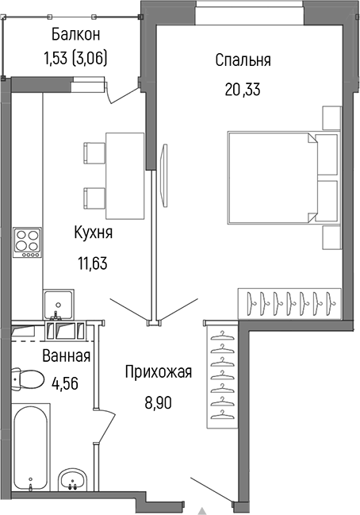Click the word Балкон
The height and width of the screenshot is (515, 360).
point(76,34)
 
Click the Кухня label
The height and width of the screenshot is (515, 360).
point(93,233)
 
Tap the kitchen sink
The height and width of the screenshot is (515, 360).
point(59,305)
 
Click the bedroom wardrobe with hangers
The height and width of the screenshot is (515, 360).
point(289,302)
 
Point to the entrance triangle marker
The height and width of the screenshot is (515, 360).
point(201,509)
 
